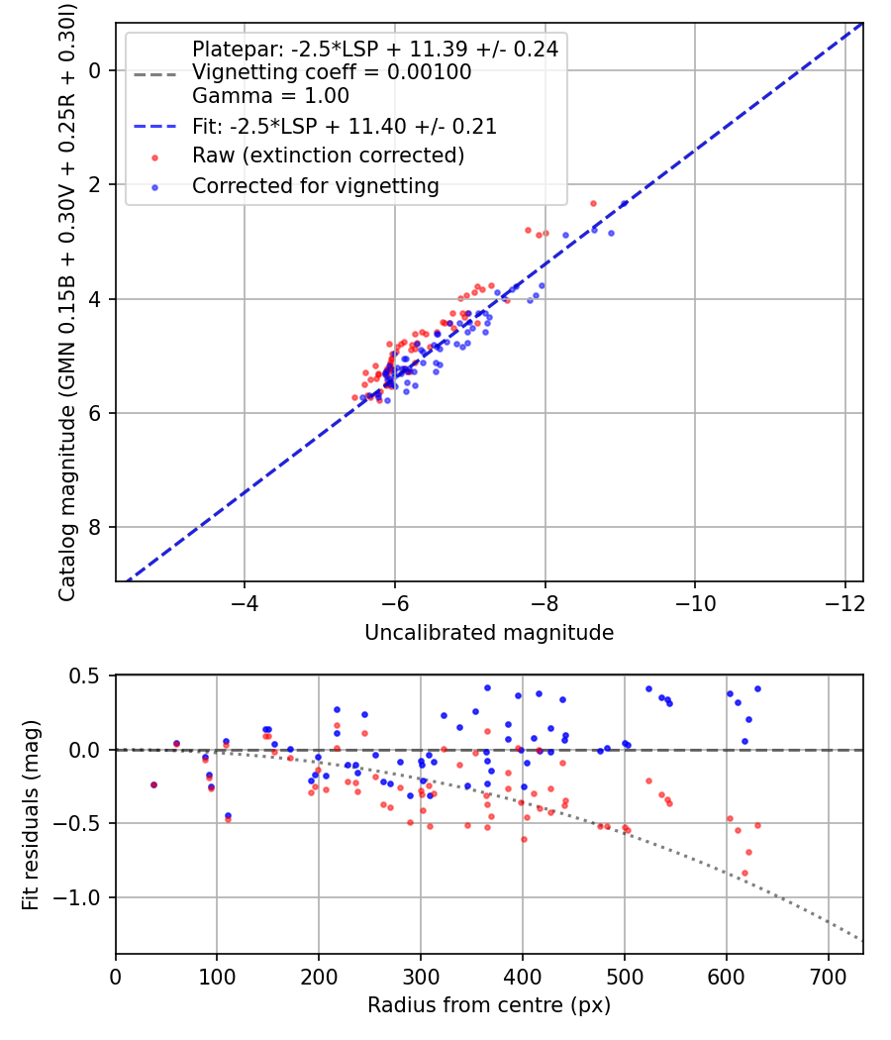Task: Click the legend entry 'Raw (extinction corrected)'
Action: tap(328, 156)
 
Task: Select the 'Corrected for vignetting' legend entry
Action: tap(316, 185)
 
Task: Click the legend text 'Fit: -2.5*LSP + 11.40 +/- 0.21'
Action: tap(344, 127)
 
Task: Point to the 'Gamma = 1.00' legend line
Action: tap(270, 97)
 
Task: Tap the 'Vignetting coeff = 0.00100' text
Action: tap(332, 72)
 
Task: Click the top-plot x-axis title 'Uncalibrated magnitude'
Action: tap(489, 633)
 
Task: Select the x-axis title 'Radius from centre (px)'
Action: tap(489, 1005)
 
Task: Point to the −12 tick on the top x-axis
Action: tap(844, 603)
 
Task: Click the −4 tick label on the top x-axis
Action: tap(245, 603)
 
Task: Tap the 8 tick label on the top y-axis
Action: tap(96, 528)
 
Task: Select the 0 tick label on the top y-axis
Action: tap(96, 70)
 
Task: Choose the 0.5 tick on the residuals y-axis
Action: tap(87, 676)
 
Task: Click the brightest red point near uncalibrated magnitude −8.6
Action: tap(593, 203)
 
